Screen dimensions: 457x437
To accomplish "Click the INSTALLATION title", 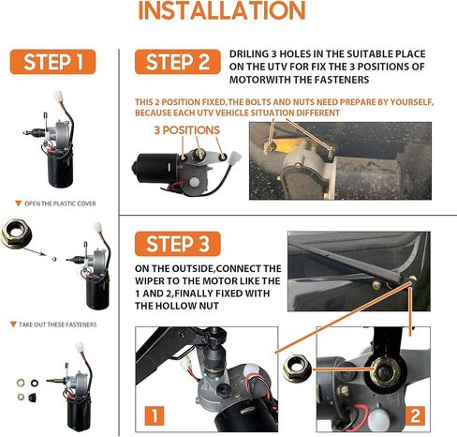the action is (222, 10).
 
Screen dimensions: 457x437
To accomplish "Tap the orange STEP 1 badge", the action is (52, 62).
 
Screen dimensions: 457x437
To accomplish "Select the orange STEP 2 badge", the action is (178, 62).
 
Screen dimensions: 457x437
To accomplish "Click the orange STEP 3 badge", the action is (178, 244).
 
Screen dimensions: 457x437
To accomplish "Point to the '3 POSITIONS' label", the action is (187, 130).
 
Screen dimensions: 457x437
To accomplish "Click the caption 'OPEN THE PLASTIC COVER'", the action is (60, 203).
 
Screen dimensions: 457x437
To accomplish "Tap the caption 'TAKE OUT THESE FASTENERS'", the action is (58, 324).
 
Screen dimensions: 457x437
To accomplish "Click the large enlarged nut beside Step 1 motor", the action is (16, 233).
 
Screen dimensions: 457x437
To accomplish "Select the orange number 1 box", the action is (155, 416).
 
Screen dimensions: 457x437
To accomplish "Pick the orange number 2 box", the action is (415, 416).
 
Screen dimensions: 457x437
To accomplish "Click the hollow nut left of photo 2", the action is (297, 369).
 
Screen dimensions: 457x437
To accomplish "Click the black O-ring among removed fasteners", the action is (35, 383).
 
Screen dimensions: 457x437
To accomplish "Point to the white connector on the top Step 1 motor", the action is (59, 96).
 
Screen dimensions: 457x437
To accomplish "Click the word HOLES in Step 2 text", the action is (295, 53).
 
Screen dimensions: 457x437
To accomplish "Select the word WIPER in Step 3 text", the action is (150, 280).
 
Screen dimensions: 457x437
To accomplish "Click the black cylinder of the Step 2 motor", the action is (155, 168).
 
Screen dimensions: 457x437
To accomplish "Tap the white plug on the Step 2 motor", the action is (235, 158).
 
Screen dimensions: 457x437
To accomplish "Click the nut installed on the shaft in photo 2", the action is (383, 372).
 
